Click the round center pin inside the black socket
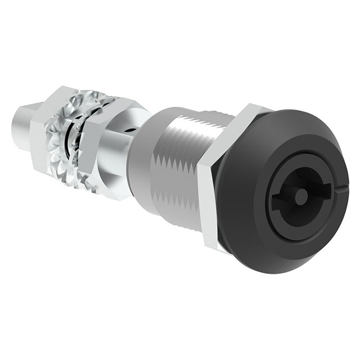[x=301, y=196]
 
